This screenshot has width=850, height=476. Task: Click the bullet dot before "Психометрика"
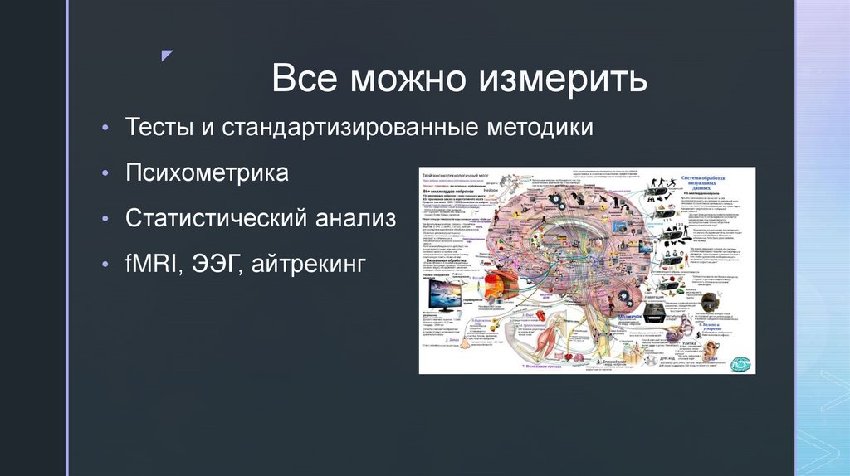[105, 174]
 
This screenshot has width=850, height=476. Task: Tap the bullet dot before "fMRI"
[105, 265]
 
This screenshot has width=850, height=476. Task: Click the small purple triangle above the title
[167, 56]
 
